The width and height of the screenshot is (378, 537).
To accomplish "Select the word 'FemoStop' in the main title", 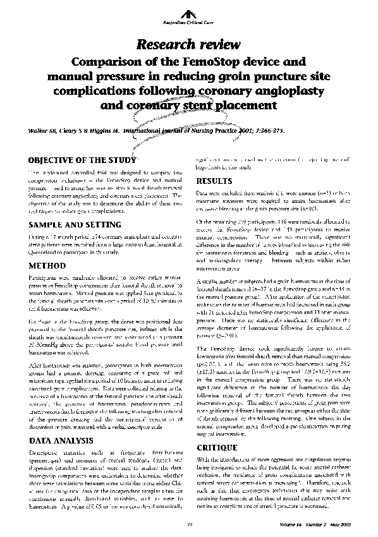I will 207,62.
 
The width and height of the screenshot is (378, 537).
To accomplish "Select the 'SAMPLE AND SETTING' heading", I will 66,224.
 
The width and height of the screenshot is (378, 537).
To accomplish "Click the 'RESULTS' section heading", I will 214,180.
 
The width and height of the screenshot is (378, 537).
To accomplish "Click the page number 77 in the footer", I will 189,524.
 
